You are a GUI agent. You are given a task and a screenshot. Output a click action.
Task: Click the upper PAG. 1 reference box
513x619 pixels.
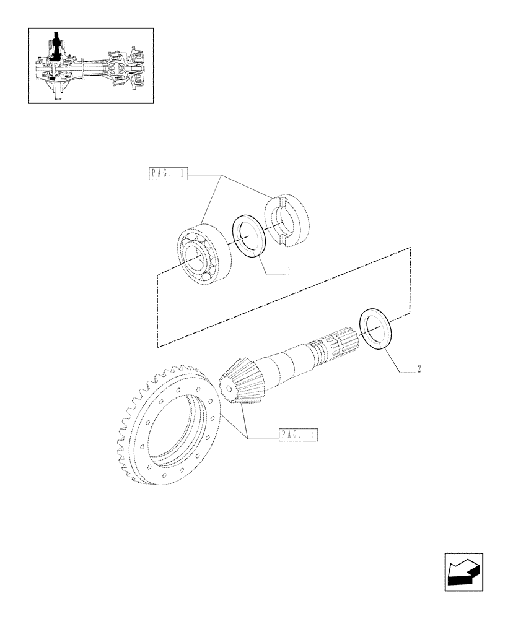pyautogui.click(x=168, y=174)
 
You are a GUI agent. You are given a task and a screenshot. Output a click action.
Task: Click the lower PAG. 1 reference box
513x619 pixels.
pyautogui.click(x=298, y=435)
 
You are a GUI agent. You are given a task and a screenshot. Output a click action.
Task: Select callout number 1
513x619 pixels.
pyautogui.click(x=289, y=271)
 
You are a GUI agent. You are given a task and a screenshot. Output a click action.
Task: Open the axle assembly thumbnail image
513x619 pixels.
pyautogui.click(x=90, y=65)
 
